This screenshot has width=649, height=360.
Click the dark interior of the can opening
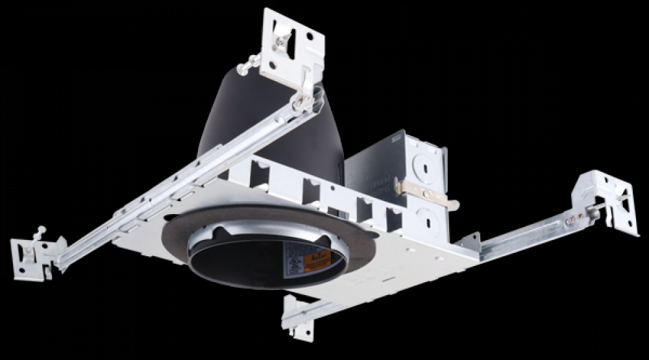(x=247, y=266)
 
